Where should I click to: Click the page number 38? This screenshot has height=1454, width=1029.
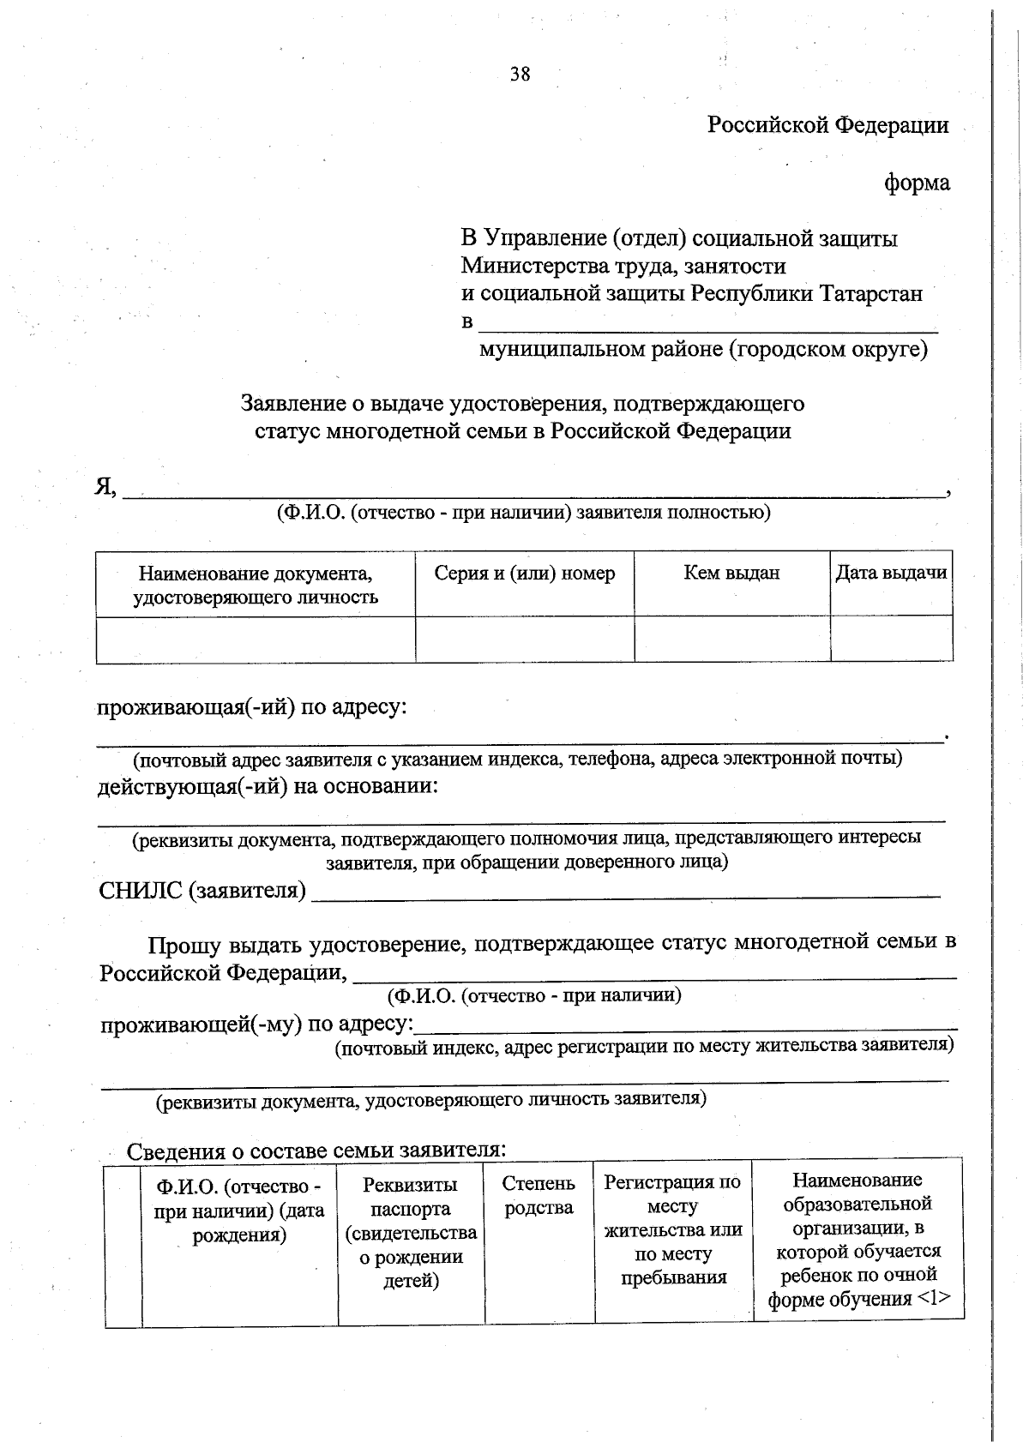click(x=520, y=75)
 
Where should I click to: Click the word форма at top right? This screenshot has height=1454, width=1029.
click(x=917, y=183)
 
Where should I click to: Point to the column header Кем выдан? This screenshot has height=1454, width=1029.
click(x=731, y=574)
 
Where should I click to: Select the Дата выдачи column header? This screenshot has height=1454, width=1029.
click(x=891, y=574)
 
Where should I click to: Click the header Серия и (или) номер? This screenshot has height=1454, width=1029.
click(x=524, y=574)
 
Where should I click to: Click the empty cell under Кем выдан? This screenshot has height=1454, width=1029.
click(x=731, y=639)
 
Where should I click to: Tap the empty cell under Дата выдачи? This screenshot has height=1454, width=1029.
click(x=891, y=639)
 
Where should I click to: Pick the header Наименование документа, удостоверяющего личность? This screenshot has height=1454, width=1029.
click(x=256, y=585)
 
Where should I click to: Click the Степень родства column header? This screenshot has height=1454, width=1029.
click(x=539, y=1195)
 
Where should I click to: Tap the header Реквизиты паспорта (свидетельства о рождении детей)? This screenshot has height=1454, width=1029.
click(x=411, y=1233)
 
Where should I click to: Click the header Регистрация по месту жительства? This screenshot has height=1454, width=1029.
click(x=672, y=1229)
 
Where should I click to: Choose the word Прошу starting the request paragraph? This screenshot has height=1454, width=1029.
click(x=183, y=945)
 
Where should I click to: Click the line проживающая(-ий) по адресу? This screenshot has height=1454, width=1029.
click(x=250, y=709)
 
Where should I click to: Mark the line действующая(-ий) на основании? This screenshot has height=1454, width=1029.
click(x=267, y=787)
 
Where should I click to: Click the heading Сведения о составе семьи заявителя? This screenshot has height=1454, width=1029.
click(x=316, y=1151)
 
